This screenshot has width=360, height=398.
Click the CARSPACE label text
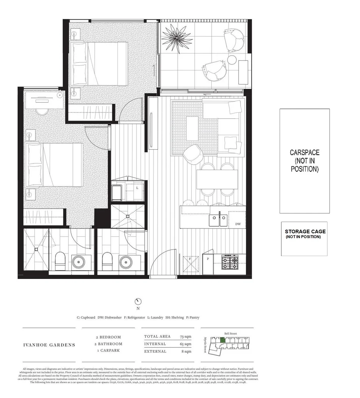pos(304,160)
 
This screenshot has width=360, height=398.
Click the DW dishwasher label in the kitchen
pos(238,223)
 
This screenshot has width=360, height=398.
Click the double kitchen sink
pos(219,220)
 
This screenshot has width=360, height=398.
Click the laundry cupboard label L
pos(137,188)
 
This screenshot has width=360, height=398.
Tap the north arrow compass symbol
pos(138,301)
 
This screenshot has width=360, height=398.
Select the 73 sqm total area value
pos(186,336)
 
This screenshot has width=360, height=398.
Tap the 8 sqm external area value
pos(187,351)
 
